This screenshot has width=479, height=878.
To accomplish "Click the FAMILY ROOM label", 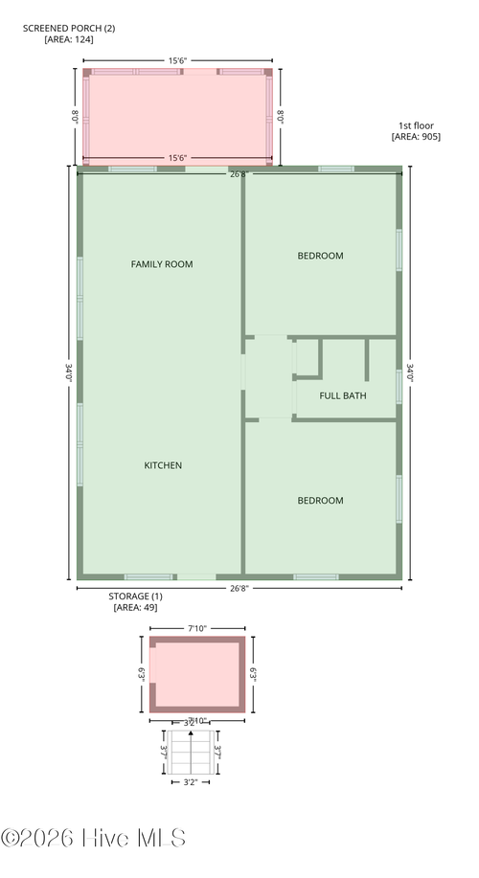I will click(162, 263).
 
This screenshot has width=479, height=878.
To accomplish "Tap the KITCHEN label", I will click(163, 465).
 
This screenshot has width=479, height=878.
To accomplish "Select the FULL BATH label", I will click(341, 395).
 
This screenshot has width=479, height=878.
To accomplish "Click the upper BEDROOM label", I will click(320, 256).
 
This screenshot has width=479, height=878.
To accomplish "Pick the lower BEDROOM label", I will click(320, 500).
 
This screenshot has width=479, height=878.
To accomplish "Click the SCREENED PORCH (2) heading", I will click(68, 28).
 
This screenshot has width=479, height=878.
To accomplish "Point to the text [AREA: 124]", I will click(69, 39).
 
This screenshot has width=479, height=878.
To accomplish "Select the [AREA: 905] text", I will click(416, 137).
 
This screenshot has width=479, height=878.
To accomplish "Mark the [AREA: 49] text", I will click(135, 607).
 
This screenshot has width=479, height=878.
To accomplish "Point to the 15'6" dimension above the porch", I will click(178, 60).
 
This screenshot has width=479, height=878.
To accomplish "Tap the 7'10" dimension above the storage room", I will click(197, 628).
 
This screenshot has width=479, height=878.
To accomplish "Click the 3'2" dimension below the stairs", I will click(195, 780).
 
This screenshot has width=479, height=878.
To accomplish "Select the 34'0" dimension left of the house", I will click(67, 372).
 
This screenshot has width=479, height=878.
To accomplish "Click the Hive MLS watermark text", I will click(94, 838).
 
